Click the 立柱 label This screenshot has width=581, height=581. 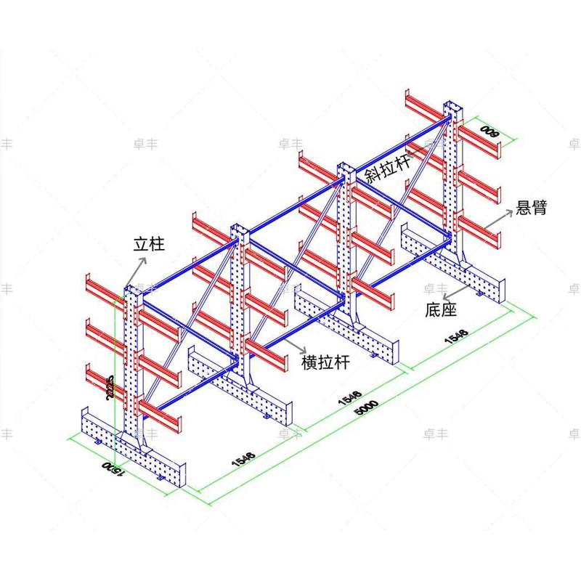[x=149, y=244]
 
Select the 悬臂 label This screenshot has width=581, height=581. [x=531, y=208]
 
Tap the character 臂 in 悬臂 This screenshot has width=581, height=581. [x=539, y=208]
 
